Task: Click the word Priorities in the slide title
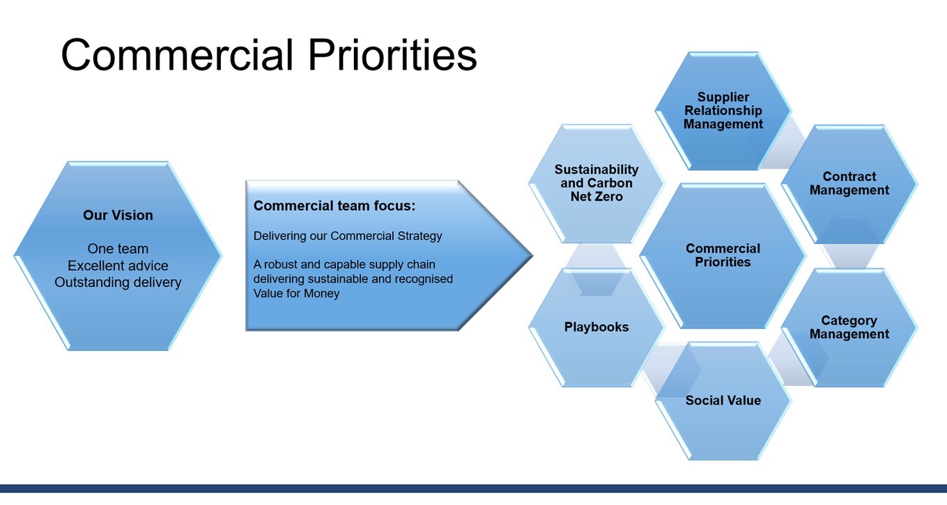(392, 56)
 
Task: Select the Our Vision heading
(118, 215)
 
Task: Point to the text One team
(118, 249)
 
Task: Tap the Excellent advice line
(118, 265)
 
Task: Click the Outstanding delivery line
(118, 282)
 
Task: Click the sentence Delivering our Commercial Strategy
(347, 236)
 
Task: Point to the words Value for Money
(296, 293)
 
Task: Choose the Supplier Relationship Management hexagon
(723, 111)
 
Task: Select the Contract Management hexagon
(849, 184)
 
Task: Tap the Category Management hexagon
(849, 327)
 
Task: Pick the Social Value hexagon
(723, 401)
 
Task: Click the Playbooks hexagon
(596, 327)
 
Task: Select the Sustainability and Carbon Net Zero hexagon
(596, 183)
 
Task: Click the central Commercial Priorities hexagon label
(723, 256)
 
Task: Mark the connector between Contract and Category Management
(849, 256)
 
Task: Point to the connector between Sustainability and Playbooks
(596, 256)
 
